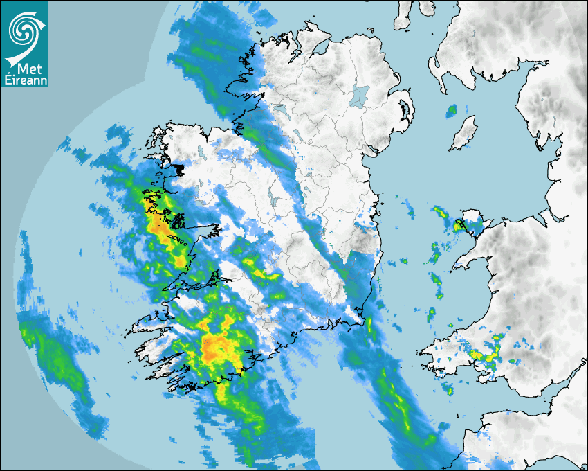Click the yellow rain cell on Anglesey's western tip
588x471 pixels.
tap(459, 224)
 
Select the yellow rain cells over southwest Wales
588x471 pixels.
tap(484, 353)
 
